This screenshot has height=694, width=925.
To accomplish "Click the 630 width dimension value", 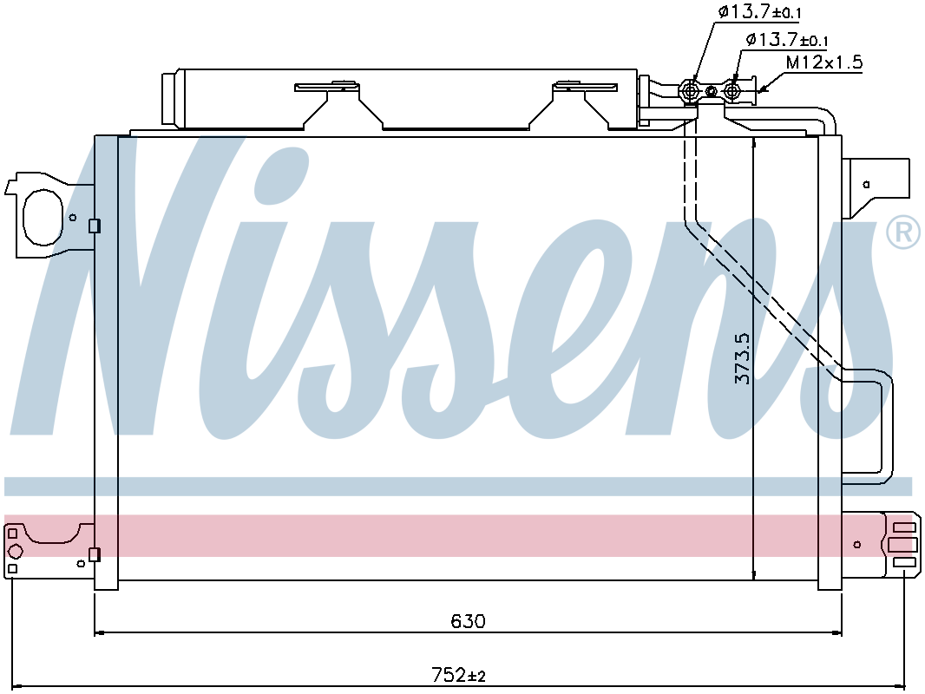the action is click(468, 621).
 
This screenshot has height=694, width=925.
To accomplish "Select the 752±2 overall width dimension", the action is click(458, 674).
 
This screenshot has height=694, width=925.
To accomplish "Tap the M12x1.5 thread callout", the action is click(824, 62).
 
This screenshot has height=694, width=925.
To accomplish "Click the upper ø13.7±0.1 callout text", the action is click(759, 12).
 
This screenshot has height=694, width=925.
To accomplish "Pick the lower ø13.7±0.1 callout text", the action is click(786, 40).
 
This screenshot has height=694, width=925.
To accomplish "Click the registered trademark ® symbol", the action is click(903, 232).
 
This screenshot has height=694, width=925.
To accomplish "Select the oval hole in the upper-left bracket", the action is click(43, 217).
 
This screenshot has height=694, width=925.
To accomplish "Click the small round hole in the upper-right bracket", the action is click(867, 185).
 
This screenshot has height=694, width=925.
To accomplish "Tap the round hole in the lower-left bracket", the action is click(15, 552).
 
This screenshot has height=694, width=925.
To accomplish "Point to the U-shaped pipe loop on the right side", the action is click(867, 427).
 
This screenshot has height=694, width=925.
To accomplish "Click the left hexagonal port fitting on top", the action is click(689, 91).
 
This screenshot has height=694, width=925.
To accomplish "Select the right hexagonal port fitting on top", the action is click(733, 91).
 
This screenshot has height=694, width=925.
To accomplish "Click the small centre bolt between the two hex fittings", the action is click(712, 91).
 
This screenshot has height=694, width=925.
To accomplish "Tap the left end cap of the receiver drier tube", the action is click(170, 98).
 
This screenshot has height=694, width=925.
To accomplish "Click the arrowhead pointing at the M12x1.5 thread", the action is click(762, 89).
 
